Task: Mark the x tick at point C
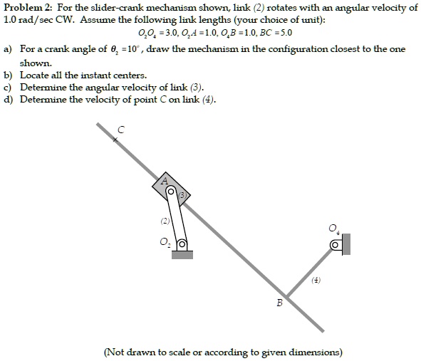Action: pos(115,141)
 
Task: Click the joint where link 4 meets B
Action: pos(287,295)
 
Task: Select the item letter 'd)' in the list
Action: pos(8,100)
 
